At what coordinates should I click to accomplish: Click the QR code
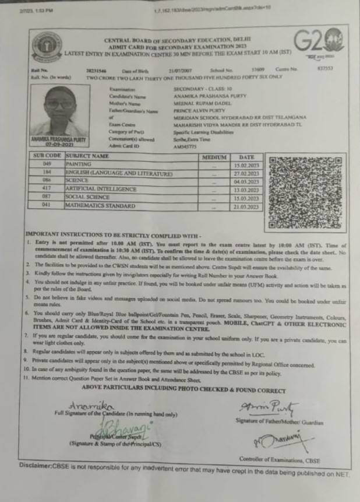tap(305, 192)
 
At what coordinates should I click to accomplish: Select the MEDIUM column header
tap(214, 157)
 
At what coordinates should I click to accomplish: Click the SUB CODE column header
tap(47, 157)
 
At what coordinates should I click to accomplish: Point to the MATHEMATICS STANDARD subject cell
tap(100, 206)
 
